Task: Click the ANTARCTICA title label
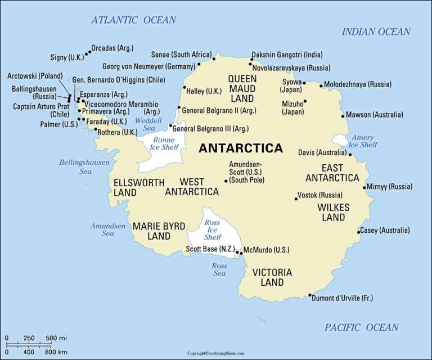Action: tap(241, 148)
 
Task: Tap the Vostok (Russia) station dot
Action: tap(296, 199)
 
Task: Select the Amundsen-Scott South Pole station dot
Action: tap(226, 181)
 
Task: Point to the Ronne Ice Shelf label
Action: tap(164, 143)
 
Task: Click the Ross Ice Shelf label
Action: tap(213, 229)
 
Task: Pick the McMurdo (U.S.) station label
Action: tap(266, 249)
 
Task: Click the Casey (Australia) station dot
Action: tap(359, 232)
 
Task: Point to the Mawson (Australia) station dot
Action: tap(343, 116)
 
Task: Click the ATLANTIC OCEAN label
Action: tap(134, 20)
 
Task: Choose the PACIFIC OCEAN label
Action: tap(362, 327)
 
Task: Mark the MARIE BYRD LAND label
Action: tap(159, 231)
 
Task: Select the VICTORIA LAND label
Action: tap(272, 277)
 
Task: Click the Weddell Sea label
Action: tap(148, 124)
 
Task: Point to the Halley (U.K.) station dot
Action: tap(184, 87)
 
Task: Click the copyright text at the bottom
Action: tap(216, 353)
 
